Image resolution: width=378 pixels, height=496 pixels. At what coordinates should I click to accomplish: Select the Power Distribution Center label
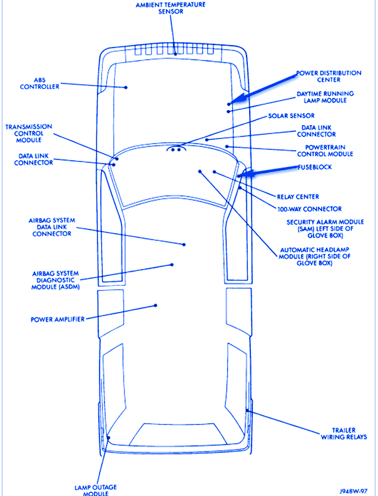[329, 76]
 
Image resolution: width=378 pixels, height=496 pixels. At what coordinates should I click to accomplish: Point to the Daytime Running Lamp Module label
[325, 96]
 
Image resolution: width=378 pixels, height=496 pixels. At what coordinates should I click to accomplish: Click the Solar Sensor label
[291, 116]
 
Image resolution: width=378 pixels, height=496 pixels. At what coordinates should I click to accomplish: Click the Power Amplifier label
[58, 319]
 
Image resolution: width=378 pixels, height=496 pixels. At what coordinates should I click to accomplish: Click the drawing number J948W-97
[353, 492]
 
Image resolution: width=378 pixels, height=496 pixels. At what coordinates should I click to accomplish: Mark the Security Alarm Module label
[325, 229]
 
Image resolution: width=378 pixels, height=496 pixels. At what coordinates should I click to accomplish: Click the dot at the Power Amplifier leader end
[155, 305]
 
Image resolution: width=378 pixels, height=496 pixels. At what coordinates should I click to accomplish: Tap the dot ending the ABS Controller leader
[126, 87]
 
